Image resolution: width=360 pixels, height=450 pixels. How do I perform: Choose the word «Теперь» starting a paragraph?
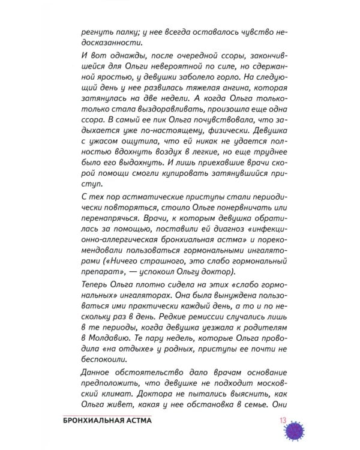(96, 284)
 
